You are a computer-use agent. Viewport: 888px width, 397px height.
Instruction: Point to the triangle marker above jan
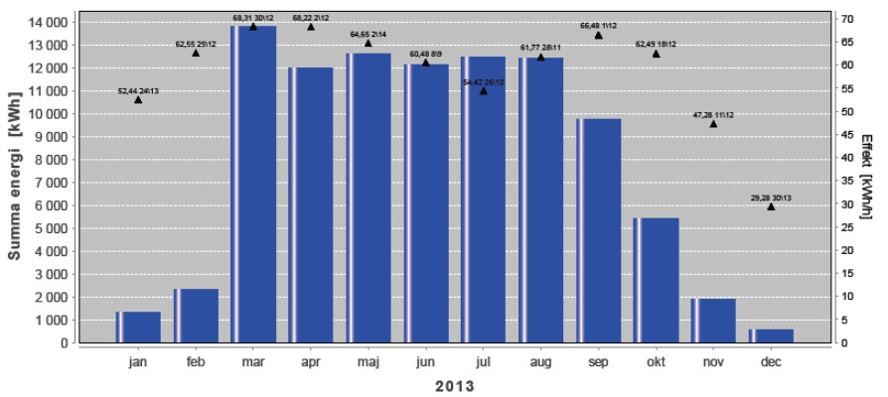point(138,99)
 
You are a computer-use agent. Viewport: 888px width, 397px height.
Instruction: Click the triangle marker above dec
point(772,206)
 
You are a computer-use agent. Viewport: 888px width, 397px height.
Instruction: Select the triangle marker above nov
point(714,123)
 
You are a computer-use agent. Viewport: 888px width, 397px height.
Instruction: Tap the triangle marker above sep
point(599,36)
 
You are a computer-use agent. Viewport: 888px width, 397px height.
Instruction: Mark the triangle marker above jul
point(484,90)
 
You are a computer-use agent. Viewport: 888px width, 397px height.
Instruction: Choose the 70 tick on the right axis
point(846,19)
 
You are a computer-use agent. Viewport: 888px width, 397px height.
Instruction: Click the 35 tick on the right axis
point(846,182)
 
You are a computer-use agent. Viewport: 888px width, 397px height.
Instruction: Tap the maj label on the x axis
point(368,362)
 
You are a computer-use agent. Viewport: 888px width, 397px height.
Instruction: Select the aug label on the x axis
point(540,362)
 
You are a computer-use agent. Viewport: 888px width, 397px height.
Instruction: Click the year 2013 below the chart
point(454,386)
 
